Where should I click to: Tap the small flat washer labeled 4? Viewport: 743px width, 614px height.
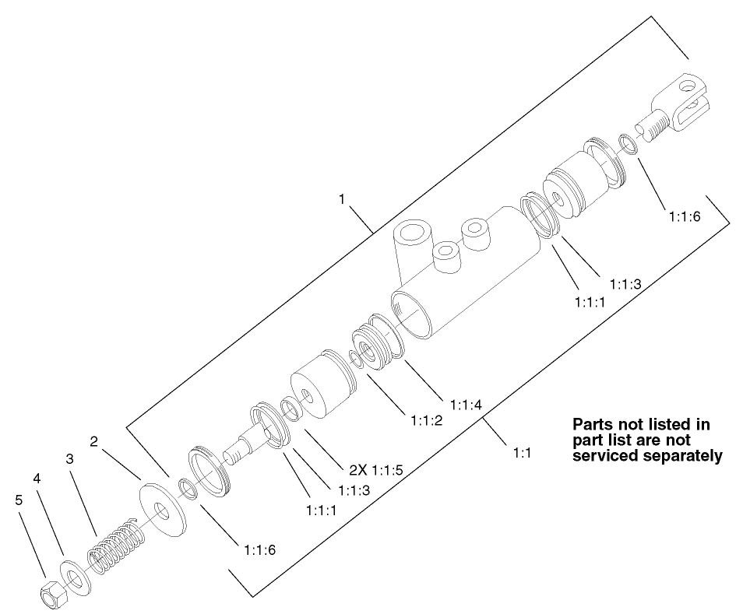[75, 577]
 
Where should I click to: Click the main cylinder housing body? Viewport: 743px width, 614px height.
[467, 272]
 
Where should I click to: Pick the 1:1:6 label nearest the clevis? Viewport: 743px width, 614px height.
[685, 217]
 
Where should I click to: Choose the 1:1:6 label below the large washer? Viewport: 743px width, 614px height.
[259, 549]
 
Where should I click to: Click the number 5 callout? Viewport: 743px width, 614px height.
[19, 500]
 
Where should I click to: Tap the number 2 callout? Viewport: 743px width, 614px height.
[93, 441]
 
